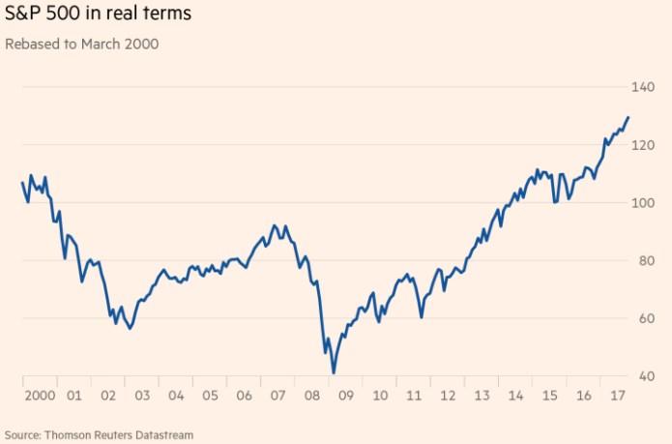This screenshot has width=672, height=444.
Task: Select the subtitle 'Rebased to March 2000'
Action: point(82,44)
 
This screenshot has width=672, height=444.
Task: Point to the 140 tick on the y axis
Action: point(643,88)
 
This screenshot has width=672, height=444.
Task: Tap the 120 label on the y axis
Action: point(643,145)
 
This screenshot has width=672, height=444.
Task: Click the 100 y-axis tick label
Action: point(643,203)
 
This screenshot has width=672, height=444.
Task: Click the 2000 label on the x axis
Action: point(40,396)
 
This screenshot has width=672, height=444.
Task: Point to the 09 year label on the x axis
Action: point(345,396)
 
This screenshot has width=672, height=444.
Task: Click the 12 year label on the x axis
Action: point(448,396)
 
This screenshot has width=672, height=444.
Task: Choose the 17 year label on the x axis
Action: point(617,396)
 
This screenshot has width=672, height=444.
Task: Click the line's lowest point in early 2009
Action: point(334,372)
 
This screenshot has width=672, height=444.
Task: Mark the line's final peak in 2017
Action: point(628,117)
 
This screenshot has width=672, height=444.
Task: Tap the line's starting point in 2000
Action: point(22,183)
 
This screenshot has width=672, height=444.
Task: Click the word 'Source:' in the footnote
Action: point(23,435)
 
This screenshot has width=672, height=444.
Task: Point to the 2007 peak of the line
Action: point(274,225)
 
